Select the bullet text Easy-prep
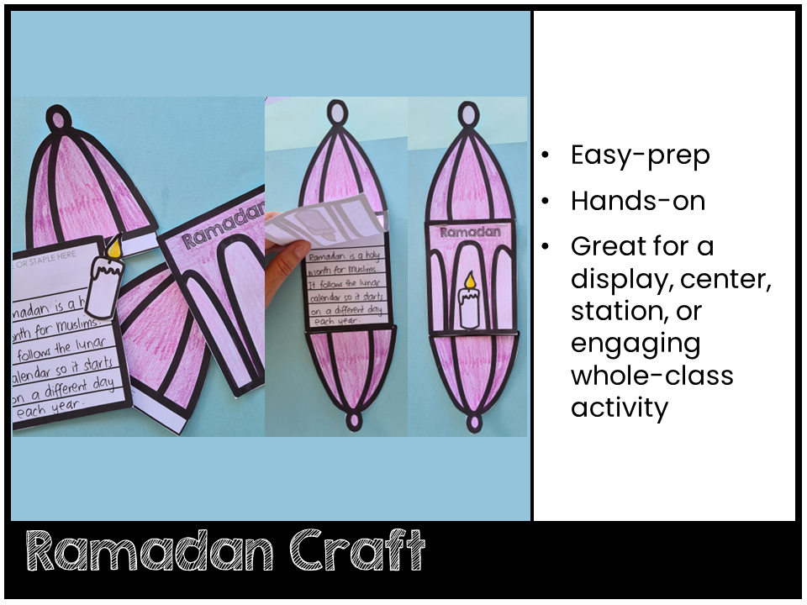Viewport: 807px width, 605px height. (x=640, y=155)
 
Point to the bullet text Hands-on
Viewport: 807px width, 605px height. (x=637, y=201)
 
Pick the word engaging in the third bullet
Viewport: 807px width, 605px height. (x=635, y=343)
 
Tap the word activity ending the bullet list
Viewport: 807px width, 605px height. (x=620, y=408)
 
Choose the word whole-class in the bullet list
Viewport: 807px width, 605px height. (x=651, y=375)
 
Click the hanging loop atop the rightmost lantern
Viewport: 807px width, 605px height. (x=469, y=112)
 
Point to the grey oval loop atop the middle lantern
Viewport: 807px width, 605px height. (x=336, y=112)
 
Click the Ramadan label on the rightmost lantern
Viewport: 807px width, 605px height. (x=469, y=232)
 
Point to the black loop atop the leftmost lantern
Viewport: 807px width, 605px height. (x=58, y=118)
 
